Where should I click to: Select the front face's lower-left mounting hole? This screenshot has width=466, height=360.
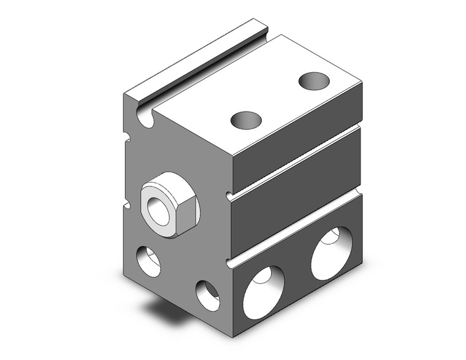(148, 261)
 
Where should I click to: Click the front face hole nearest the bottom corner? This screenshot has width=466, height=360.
(207, 294)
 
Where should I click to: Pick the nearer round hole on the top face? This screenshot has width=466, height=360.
(246, 120)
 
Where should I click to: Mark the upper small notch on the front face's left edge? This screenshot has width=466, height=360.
(128, 136)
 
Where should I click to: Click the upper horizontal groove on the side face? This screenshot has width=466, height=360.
(294, 161)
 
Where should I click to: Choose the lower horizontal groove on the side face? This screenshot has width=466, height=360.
(294, 228)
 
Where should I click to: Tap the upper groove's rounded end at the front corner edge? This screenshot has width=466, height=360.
(229, 196)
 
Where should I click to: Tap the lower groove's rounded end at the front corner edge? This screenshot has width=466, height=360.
(229, 264)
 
